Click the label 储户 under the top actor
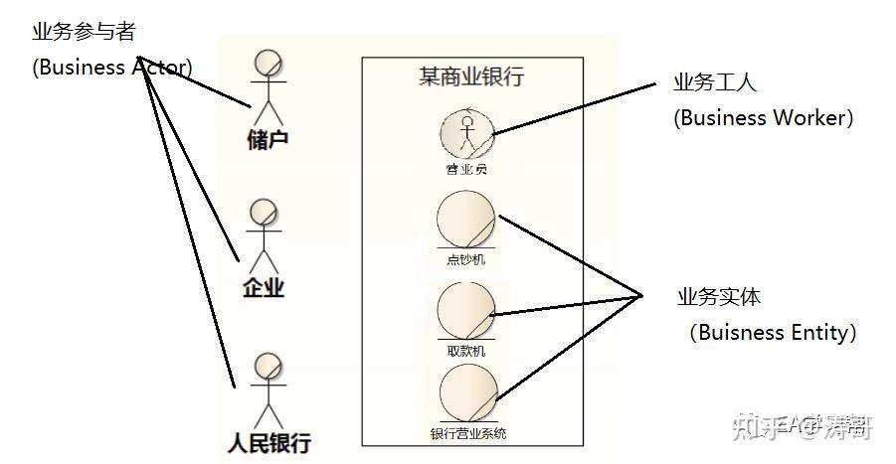coord(268,139)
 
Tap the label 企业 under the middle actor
coord(264,288)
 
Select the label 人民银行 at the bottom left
coord(269,441)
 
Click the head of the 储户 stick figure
coord(268,62)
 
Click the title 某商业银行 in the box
coord(471,77)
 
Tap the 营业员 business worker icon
coord(466,132)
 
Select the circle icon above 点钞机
coord(465,220)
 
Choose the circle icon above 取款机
coord(466,310)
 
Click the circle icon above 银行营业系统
coord(467,392)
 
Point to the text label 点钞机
coord(466,260)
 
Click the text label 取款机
coord(466,351)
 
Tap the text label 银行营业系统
coord(468,433)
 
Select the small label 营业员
coord(466,169)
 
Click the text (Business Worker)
coord(763,117)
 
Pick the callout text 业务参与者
coord(84,32)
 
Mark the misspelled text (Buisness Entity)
coord(772,332)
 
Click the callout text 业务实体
coord(719,296)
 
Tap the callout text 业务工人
coord(714,82)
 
